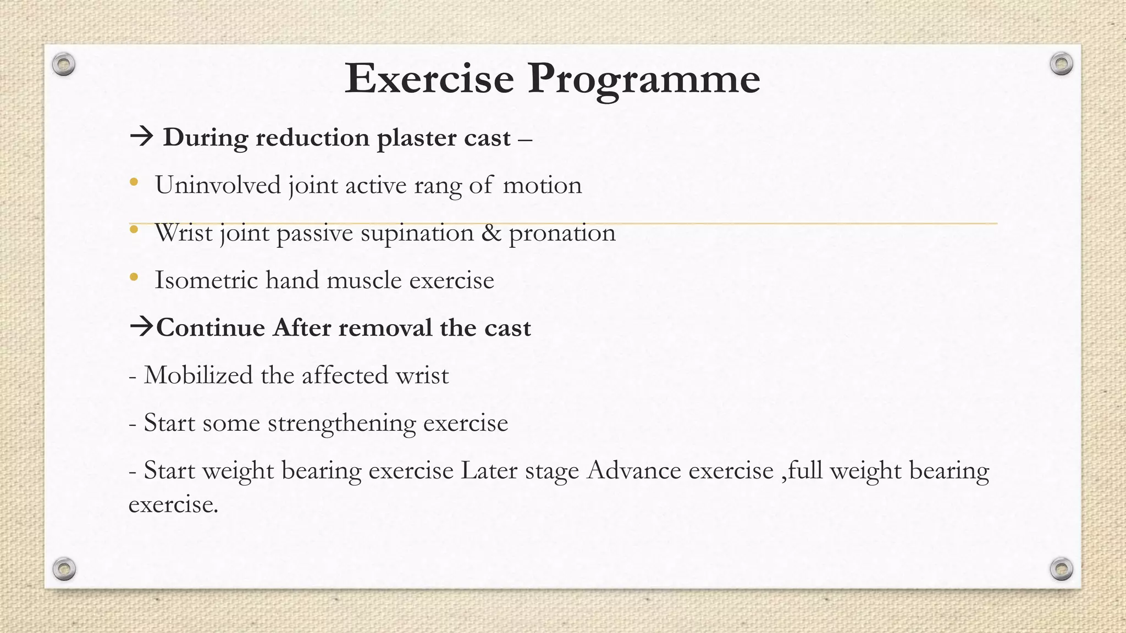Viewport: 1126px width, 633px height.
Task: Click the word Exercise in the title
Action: (429, 79)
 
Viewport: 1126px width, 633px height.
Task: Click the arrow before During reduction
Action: (142, 136)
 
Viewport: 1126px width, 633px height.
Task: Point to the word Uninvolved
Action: (218, 185)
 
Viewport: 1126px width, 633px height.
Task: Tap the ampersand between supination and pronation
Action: (491, 233)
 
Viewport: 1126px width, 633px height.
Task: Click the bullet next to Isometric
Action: (134, 278)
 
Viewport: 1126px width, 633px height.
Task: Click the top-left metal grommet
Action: (64, 65)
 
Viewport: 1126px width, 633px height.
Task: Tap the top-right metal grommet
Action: (1061, 64)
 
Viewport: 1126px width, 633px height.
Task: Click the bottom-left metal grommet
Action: (64, 569)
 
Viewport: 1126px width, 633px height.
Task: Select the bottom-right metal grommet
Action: (1061, 569)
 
